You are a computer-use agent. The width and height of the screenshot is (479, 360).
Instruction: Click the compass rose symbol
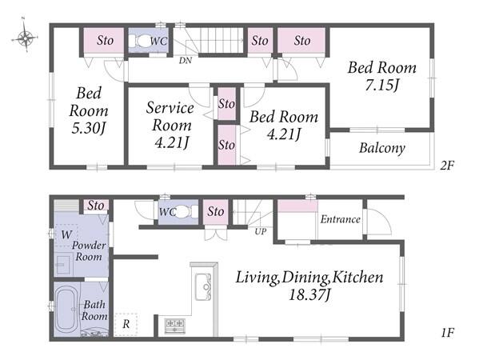point(25,38)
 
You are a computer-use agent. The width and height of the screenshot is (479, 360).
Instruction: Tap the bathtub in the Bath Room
point(67,309)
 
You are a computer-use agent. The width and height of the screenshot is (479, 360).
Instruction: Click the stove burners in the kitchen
point(175,326)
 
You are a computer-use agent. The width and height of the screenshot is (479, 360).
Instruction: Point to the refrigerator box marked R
point(126,324)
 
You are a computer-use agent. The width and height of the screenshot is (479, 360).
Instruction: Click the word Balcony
point(382,148)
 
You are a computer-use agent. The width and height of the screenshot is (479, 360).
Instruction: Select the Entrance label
point(341,219)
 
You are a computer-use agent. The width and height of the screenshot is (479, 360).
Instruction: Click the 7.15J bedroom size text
point(382,85)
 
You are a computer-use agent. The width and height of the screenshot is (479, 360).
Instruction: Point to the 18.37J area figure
point(310,295)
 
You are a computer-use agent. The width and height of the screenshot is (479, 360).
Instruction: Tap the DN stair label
point(186,61)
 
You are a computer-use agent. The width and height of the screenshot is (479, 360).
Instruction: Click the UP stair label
point(261,231)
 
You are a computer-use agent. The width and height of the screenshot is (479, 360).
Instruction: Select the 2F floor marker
point(447,166)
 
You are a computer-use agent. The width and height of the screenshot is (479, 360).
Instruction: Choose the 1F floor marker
point(448,332)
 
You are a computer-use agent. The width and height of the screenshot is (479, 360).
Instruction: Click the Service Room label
point(170,117)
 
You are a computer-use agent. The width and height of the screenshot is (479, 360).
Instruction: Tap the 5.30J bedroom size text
point(88,128)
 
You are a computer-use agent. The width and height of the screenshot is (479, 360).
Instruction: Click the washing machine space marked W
point(66,235)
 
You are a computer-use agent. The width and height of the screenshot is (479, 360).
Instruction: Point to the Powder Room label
point(89,251)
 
